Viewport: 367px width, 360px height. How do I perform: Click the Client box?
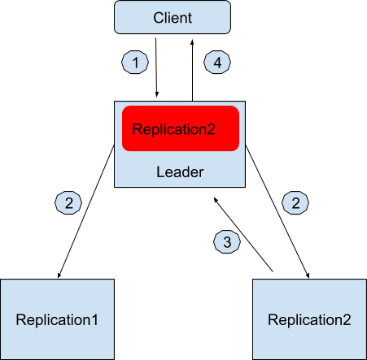click(173, 17)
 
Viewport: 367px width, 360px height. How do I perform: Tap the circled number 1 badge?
click(135, 62)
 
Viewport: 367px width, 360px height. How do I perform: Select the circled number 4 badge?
click(217, 62)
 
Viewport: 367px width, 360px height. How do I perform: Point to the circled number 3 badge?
click(227, 241)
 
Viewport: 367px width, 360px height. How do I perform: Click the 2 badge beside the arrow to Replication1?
click(68, 202)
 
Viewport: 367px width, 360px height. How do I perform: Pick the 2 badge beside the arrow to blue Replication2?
click(295, 202)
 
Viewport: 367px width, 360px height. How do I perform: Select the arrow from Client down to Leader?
click(156, 67)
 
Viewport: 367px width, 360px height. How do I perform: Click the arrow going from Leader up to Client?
click(192, 71)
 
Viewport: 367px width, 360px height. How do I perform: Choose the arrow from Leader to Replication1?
click(86, 211)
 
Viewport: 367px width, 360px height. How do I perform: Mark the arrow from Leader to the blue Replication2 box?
click(277, 211)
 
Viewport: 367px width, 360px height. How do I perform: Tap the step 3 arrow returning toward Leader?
click(243, 234)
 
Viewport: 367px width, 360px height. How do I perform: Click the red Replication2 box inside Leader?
click(181, 128)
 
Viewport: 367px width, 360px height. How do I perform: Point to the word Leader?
click(180, 172)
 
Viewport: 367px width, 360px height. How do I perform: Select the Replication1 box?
click(57, 319)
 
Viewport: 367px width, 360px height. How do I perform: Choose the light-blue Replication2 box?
click(309, 319)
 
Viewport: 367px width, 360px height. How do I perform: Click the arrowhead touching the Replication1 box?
click(59, 275)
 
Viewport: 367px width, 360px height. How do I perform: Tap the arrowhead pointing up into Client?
click(192, 42)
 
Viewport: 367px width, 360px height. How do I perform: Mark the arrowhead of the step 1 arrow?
click(157, 94)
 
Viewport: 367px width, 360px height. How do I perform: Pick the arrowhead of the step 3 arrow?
click(216, 200)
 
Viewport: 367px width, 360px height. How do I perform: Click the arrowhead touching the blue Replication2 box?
click(308, 275)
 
